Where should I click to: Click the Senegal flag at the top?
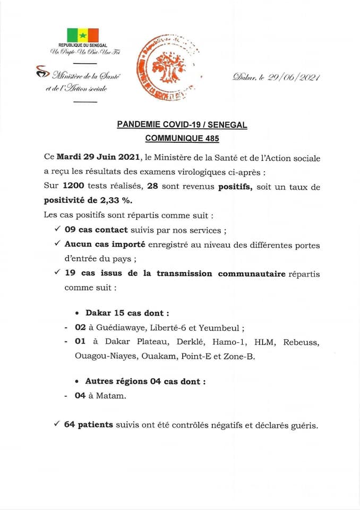82,35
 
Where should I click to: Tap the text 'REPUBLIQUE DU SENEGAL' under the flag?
82,47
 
